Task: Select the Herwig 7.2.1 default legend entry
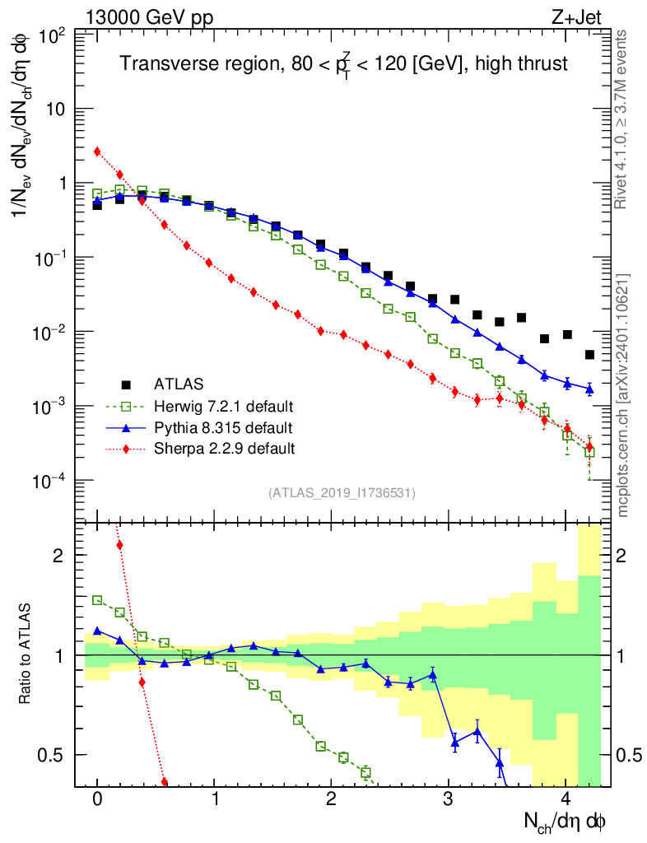point(224,406)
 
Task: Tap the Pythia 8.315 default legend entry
point(221,427)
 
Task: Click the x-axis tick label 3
point(448,799)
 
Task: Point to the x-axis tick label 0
point(97,799)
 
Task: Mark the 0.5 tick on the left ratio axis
point(54,755)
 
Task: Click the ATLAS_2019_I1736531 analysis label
point(342,493)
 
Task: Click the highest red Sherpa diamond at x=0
point(97,151)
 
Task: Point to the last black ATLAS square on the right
point(589,355)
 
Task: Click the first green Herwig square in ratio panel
point(97,600)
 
